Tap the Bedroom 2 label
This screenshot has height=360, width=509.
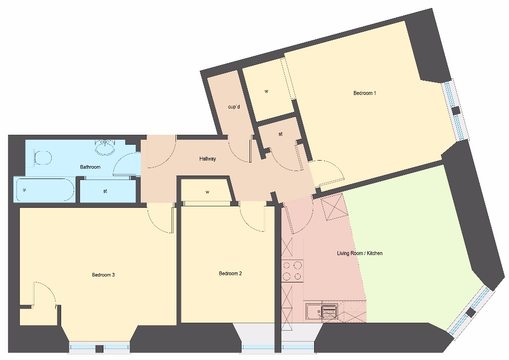click(231, 273)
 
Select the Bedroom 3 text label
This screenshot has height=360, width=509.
click(103, 275)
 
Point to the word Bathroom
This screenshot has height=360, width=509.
click(90, 167)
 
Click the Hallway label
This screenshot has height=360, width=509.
click(207, 159)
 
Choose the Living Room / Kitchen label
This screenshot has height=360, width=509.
click(359, 254)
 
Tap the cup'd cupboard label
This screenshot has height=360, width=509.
click(234, 106)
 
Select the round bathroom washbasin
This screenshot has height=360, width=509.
click(105, 147)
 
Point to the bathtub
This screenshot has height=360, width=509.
click(45, 190)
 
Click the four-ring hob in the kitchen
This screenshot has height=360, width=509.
click(292, 270)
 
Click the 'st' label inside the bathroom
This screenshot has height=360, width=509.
click(105, 191)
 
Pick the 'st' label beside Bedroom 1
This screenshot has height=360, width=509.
click(280, 134)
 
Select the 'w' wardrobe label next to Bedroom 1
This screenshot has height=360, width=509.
click(266, 91)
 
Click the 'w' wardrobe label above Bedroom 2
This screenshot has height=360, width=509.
click(207, 191)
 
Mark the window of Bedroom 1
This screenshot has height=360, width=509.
click(455, 110)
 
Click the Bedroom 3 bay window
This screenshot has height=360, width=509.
click(99, 347)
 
